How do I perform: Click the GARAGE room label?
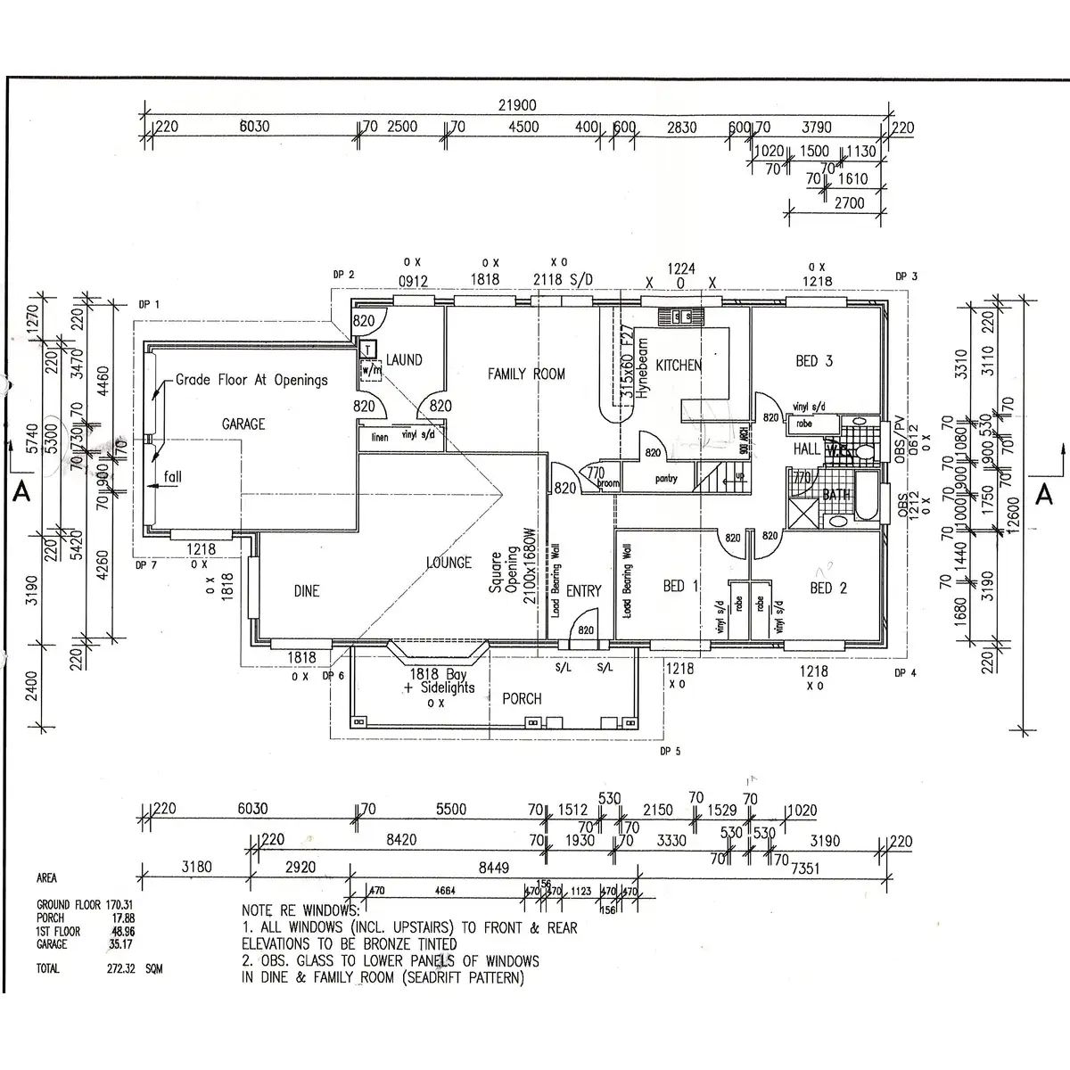click(x=243, y=424)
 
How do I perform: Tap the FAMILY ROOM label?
click(x=525, y=374)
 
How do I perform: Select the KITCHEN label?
click(x=679, y=365)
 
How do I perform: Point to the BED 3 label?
click(x=813, y=361)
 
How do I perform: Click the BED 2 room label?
click(x=828, y=588)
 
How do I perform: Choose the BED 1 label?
click(x=681, y=586)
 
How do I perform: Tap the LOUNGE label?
click(x=449, y=563)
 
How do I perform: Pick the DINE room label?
click(x=306, y=590)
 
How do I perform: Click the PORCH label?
click(x=522, y=698)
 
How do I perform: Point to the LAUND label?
click(x=404, y=360)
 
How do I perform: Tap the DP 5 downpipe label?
click(x=670, y=751)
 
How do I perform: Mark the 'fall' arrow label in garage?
click(x=172, y=477)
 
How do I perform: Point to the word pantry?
click(x=666, y=479)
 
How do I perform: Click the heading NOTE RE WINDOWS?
click(x=300, y=911)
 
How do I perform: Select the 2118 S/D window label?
click(x=563, y=280)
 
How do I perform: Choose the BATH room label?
click(x=836, y=494)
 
